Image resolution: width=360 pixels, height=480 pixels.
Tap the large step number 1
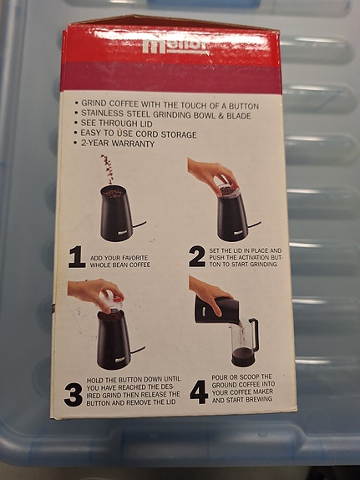click(77, 257)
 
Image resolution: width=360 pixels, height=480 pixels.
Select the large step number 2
click(196, 256)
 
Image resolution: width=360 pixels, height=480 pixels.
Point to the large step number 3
click(74, 393)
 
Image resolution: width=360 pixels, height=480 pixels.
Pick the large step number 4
click(198, 391)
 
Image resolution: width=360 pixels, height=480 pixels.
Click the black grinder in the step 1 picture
click(116, 213)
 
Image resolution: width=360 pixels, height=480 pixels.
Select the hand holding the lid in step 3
click(96, 292)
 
